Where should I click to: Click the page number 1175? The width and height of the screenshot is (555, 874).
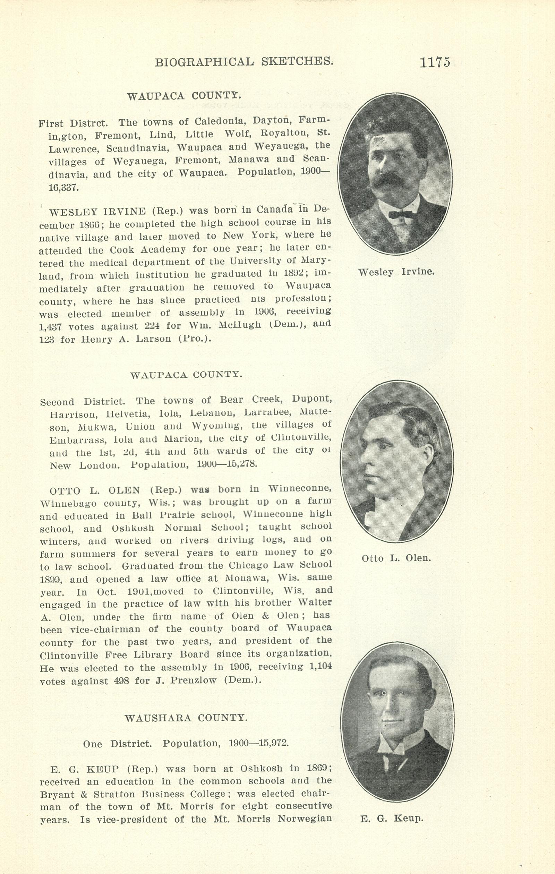435,62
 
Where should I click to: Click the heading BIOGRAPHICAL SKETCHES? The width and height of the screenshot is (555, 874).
244,62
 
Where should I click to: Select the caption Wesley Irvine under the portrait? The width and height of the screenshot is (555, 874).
396,272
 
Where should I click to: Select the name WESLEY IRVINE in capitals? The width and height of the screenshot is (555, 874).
97,211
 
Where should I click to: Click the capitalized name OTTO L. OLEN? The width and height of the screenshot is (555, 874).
95,491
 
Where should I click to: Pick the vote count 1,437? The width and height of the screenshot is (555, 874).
51,327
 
